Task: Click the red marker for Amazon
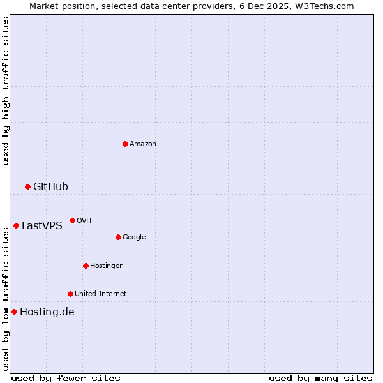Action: (125, 144)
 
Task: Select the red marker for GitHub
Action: (27, 186)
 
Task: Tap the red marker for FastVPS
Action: (16, 225)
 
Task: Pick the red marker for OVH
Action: (72, 220)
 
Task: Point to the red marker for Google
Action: (118, 237)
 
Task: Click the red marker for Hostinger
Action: (86, 266)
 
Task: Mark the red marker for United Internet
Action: (70, 294)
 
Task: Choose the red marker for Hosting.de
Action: (14, 312)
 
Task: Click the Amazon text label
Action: (142, 144)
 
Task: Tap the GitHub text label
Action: (50, 187)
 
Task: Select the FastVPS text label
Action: (41, 226)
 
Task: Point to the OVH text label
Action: (84, 221)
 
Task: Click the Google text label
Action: (134, 237)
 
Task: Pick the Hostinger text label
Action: (106, 266)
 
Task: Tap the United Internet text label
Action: (100, 294)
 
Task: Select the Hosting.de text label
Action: (47, 312)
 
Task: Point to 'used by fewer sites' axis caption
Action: (66, 378)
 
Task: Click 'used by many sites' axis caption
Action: (320, 378)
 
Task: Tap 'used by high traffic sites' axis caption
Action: (6, 91)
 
